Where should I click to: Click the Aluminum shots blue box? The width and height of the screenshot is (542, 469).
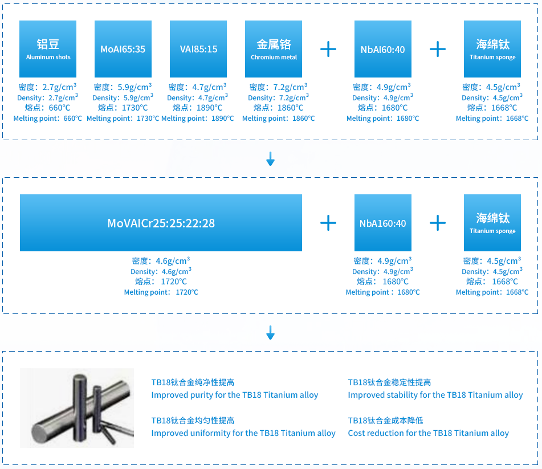click(x=48, y=49)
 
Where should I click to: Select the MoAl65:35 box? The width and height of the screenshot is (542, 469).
click(x=123, y=49)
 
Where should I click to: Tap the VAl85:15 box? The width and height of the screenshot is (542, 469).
click(x=198, y=49)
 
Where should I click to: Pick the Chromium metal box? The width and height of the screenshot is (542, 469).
click(x=274, y=49)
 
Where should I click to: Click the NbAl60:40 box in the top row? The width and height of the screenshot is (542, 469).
click(x=383, y=49)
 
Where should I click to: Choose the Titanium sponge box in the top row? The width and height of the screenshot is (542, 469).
click(x=492, y=49)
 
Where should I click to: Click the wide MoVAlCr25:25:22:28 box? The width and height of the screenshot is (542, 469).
click(x=161, y=223)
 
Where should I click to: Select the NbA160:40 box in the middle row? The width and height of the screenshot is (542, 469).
click(x=383, y=223)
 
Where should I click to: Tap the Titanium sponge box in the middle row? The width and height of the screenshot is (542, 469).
click(x=492, y=223)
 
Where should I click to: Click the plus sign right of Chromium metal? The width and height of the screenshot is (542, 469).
click(x=328, y=49)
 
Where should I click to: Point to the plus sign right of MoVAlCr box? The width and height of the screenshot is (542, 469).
click(x=328, y=223)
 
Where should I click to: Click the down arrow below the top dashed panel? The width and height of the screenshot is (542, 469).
click(x=271, y=158)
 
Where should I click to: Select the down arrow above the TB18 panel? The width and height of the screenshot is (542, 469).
click(x=271, y=332)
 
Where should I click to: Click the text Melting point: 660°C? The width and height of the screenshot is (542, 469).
click(x=48, y=119)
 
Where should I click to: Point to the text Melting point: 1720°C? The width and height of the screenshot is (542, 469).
click(x=161, y=292)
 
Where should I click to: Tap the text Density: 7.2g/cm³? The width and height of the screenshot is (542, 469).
click(x=278, y=97)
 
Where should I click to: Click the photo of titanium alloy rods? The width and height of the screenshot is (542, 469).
click(x=77, y=408)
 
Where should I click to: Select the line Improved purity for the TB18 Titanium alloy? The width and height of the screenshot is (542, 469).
click(x=235, y=395)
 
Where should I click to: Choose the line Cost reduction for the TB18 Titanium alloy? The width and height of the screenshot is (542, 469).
click(x=428, y=433)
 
